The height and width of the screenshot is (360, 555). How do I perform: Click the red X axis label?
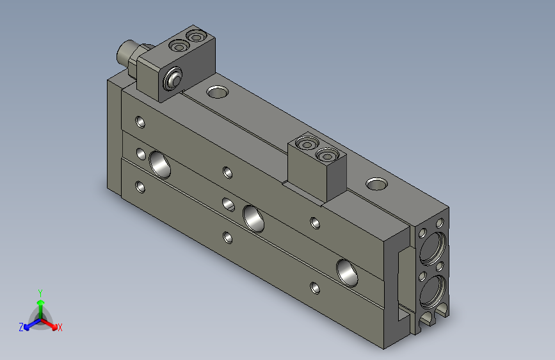tap(60, 327)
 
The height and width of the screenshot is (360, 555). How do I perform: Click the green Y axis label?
tap(40, 292)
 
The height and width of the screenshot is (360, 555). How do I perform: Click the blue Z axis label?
tap(21, 327)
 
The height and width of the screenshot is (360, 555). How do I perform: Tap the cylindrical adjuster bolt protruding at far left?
tap(127, 54)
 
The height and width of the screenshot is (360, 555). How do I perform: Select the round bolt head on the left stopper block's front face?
tap(172, 81)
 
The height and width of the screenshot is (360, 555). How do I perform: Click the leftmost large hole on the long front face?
tap(160, 163)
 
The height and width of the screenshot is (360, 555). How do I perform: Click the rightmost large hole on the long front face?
tap(348, 272)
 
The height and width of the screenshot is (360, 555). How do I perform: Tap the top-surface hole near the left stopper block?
tap(218, 92)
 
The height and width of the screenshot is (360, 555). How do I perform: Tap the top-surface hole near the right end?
tap(376, 184)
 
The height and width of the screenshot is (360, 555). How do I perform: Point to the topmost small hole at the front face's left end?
tap(140, 120)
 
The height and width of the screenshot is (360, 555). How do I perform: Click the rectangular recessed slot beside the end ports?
tap(402, 282)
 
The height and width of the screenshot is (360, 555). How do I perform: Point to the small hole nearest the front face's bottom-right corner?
tap(313, 287)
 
